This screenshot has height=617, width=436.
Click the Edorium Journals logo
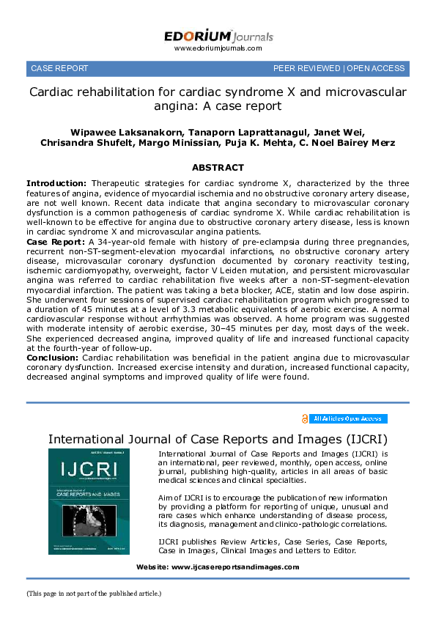(218, 35)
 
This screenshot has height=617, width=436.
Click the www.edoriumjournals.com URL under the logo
(218, 48)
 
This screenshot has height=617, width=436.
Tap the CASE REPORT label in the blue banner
(59, 68)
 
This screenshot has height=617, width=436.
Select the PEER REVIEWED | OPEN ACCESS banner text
(339, 68)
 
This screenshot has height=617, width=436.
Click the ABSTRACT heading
(218, 167)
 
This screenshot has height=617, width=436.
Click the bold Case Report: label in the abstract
(56, 241)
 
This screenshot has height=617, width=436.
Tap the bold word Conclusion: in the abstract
(53, 357)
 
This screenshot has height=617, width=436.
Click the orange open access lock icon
(305, 419)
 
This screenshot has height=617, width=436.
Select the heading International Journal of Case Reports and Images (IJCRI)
(218, 440)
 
